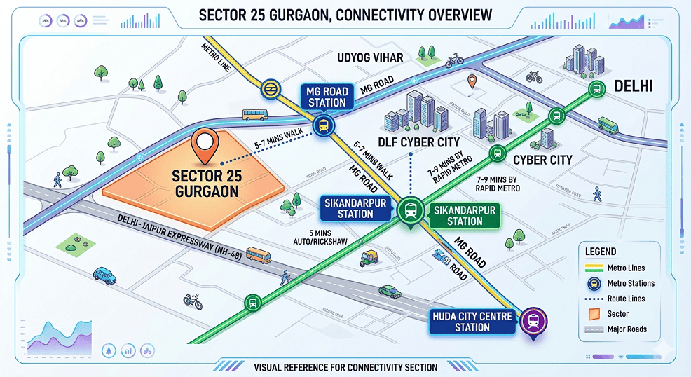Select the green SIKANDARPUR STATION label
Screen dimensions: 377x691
click(465, 215)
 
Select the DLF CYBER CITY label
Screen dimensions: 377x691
click(419, 142)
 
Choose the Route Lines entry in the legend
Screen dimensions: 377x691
click(625, 299)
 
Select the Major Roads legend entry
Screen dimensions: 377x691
click(625, 329)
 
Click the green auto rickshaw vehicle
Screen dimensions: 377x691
click(369, 259)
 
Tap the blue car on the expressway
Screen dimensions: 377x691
click(105, 275)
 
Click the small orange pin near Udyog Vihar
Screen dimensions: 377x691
click(472, 82)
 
